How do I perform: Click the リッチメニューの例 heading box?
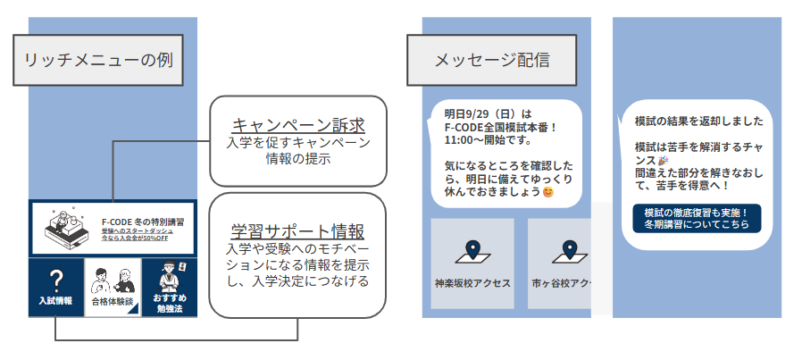click(97, 61)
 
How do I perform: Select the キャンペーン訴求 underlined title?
click(298, 124)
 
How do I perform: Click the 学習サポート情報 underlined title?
click(297, 230)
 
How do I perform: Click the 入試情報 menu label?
click(55, 301)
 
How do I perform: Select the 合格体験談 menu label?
click(112, 302)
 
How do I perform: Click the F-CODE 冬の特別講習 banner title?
click(143, 222)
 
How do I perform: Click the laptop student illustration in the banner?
click(63, 228)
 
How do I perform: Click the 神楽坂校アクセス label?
click(472, 283)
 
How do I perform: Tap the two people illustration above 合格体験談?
click(113, 276)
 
